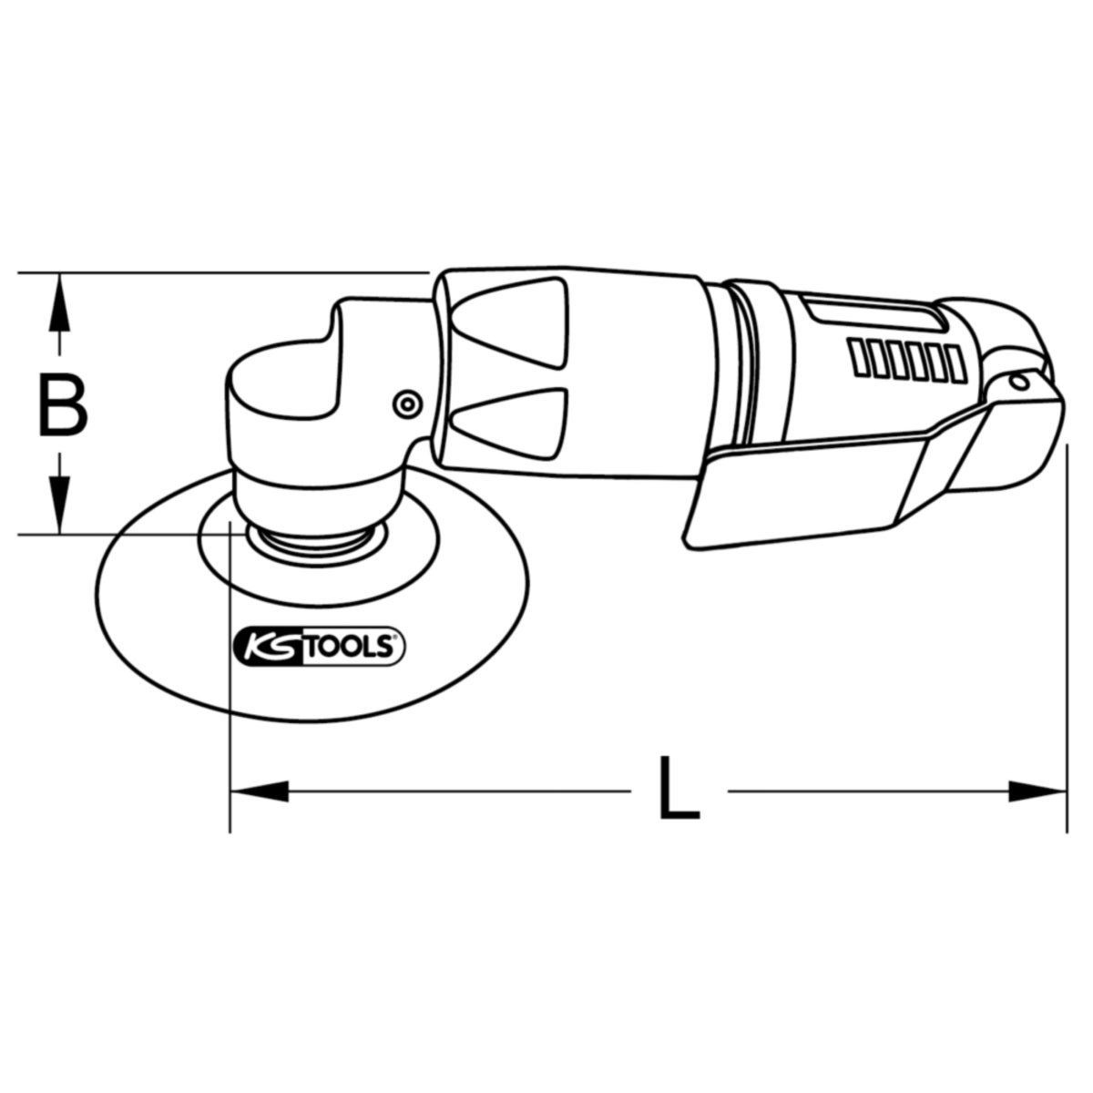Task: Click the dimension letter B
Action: click(x=63, y=404)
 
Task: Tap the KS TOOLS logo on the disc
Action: click(x=320, y=646)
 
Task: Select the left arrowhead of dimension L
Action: click(x=260, y=792)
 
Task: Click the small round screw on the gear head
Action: click(x=406, y=403)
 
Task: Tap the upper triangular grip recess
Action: click(x=509, y=322)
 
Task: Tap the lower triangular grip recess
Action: click(x=509, y=424)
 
